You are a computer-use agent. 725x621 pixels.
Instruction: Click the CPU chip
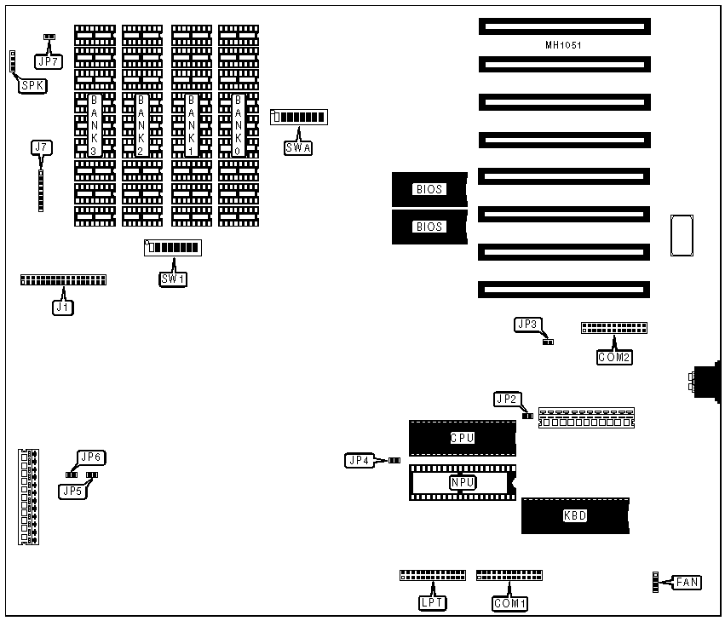(462, 438)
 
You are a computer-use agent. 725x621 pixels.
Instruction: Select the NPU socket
(462, 482)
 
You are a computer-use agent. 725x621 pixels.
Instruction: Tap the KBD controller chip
(575, 515)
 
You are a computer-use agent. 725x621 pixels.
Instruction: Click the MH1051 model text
(563, 44)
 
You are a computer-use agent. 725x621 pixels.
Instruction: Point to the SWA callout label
(298, 147)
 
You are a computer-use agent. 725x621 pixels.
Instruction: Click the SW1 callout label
(173, 279)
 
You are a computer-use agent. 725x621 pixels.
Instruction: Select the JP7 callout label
(47, 60)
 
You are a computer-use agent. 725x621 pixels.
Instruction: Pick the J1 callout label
(62, 308)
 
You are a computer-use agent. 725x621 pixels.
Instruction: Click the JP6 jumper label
(90, 457)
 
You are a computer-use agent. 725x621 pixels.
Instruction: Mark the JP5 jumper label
(72, 491)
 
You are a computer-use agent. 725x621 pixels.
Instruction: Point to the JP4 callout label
(359, 461)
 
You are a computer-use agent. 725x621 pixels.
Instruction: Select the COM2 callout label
(613, 357)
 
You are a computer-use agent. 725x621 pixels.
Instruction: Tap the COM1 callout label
(510, 603)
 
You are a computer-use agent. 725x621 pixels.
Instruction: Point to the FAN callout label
(688, 583)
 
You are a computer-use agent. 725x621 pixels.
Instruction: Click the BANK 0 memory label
(238, 124)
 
